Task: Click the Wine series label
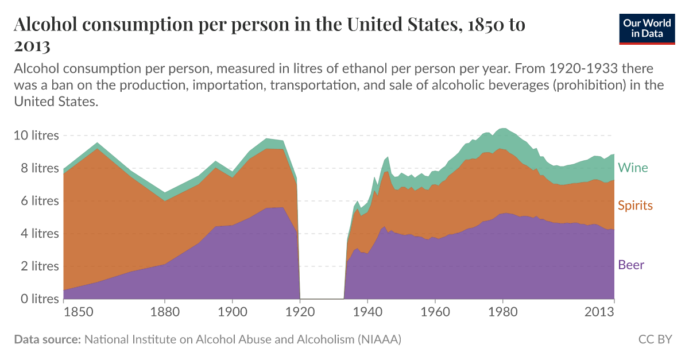point(633,168)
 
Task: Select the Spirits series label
point(635,206)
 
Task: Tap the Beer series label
point(631,265)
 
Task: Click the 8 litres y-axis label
point(37,168)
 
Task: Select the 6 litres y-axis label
point(37,201)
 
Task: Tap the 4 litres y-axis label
point(37,234)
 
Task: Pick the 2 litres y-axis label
point(37,266)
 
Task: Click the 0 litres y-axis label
point(37,299)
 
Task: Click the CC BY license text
point(655,339)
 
